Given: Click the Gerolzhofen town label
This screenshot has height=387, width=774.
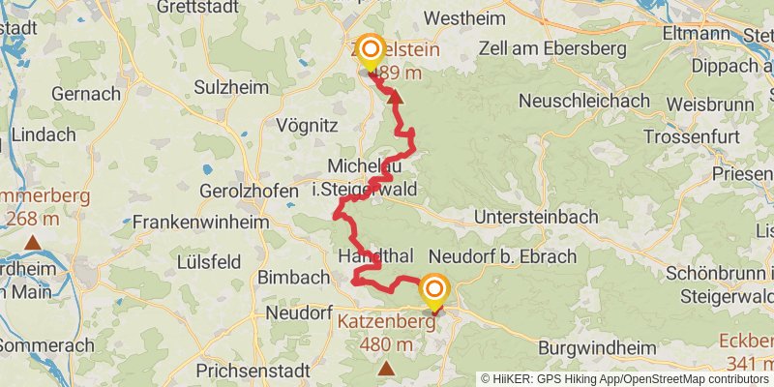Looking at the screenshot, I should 249,192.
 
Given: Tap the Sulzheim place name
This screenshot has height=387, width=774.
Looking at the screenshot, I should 230,88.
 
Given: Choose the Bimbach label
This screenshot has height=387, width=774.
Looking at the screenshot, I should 294,278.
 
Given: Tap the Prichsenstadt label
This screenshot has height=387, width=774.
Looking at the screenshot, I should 253,371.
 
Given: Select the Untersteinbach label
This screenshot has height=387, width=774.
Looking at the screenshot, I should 537,217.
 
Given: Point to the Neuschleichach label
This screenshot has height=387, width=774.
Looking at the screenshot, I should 584,101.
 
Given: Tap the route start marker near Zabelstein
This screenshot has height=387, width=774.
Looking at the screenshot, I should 371,49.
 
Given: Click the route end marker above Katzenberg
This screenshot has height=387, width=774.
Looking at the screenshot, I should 433,290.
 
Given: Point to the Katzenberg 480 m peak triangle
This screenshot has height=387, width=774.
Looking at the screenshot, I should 387,368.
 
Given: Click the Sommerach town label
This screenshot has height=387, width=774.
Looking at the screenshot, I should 47,345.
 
